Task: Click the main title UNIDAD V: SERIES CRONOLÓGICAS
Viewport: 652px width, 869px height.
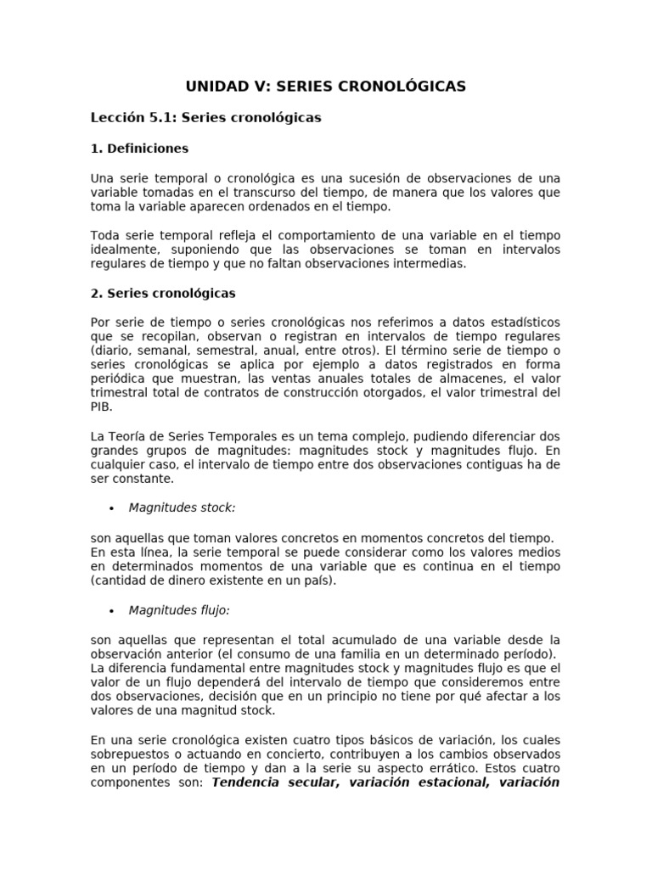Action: coord(326,87)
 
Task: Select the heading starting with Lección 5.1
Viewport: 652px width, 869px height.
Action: coord(205,118)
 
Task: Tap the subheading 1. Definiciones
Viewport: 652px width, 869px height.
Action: coord(139,149)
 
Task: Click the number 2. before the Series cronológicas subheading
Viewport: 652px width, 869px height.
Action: coord(96,294)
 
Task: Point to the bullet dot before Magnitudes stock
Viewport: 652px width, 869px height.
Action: coord(112,508)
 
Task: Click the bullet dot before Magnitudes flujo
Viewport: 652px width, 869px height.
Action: coord(112,610)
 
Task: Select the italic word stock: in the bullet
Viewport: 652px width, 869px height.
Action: coord(217,508)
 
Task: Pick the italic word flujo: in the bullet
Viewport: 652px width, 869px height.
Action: coord(214,610)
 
